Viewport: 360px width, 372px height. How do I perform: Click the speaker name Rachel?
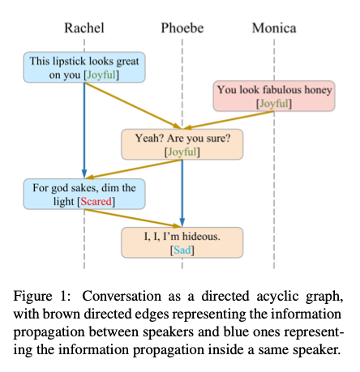[84, 28]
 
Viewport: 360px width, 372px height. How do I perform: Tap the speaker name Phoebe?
[182, 28]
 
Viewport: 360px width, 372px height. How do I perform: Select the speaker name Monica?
[274, 28]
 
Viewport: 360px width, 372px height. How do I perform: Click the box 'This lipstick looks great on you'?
[84, 67]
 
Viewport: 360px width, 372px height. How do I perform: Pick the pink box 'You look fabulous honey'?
[274, 96]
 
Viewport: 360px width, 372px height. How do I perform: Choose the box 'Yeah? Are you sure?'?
[182, 144]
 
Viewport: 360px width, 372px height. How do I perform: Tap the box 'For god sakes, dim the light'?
[84, 194]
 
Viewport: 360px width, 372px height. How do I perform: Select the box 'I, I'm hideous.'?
[182, 242]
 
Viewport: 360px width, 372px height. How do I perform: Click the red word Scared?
[96, 201]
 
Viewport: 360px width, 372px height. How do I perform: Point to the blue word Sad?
[182, 250]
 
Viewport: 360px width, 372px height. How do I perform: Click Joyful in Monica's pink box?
[274, 104]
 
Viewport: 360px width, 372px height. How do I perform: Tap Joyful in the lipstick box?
[101, 75]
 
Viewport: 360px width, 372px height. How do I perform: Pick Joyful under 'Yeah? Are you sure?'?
[182, 152]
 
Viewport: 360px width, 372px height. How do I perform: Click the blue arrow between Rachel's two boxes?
[84, 130]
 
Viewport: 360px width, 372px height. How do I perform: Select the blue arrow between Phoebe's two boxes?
[182, 193]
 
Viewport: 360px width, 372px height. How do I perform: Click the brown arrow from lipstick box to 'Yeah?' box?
[133, 105]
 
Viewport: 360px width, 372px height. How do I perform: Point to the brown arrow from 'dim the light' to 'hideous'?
[133, 218]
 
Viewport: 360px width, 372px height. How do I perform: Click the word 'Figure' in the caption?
[32, 297]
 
